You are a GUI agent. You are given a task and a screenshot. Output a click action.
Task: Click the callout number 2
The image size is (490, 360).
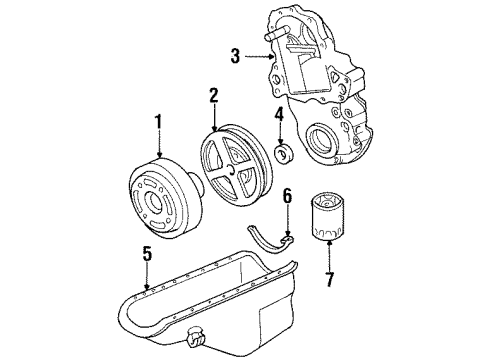(213, 96)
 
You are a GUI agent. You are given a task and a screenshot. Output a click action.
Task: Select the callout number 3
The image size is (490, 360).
(235, 57)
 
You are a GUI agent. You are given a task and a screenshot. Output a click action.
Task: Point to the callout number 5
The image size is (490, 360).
(147, 255)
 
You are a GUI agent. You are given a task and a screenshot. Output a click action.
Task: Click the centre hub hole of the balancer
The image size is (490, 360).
(158, 206)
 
